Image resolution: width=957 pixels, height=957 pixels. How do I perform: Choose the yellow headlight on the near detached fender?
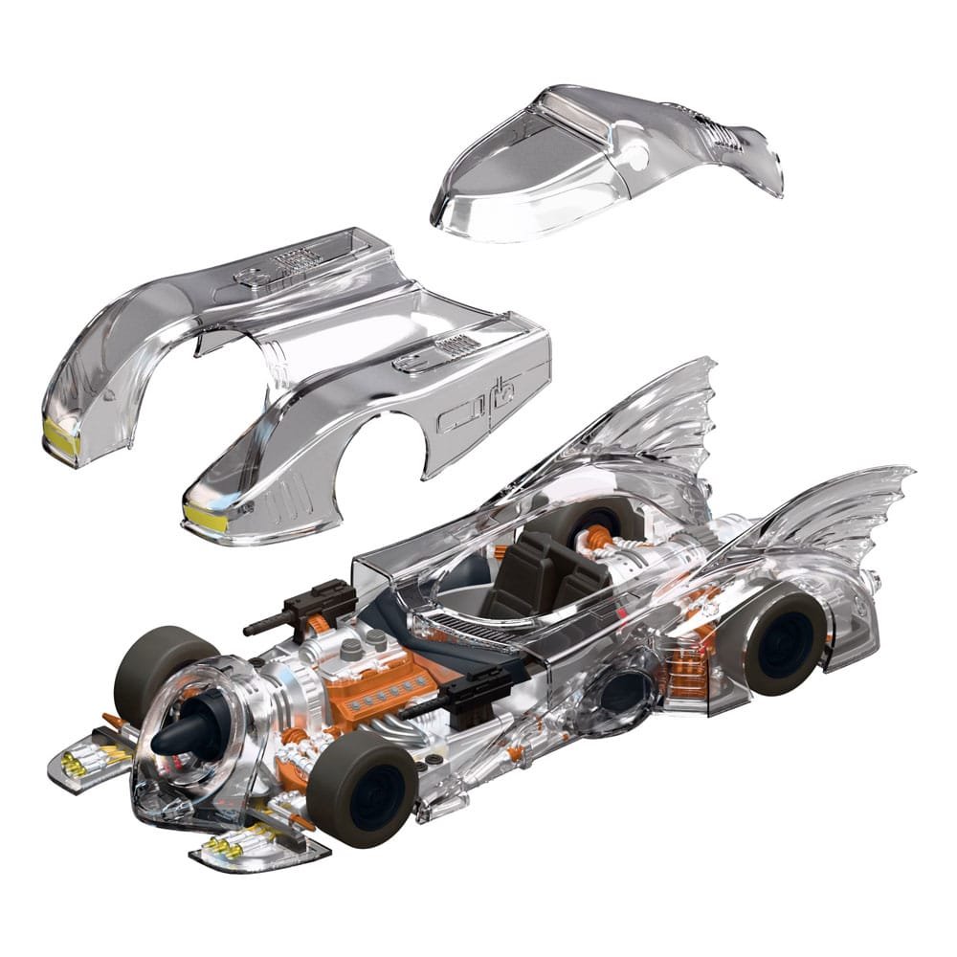click(x=206, y=517)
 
